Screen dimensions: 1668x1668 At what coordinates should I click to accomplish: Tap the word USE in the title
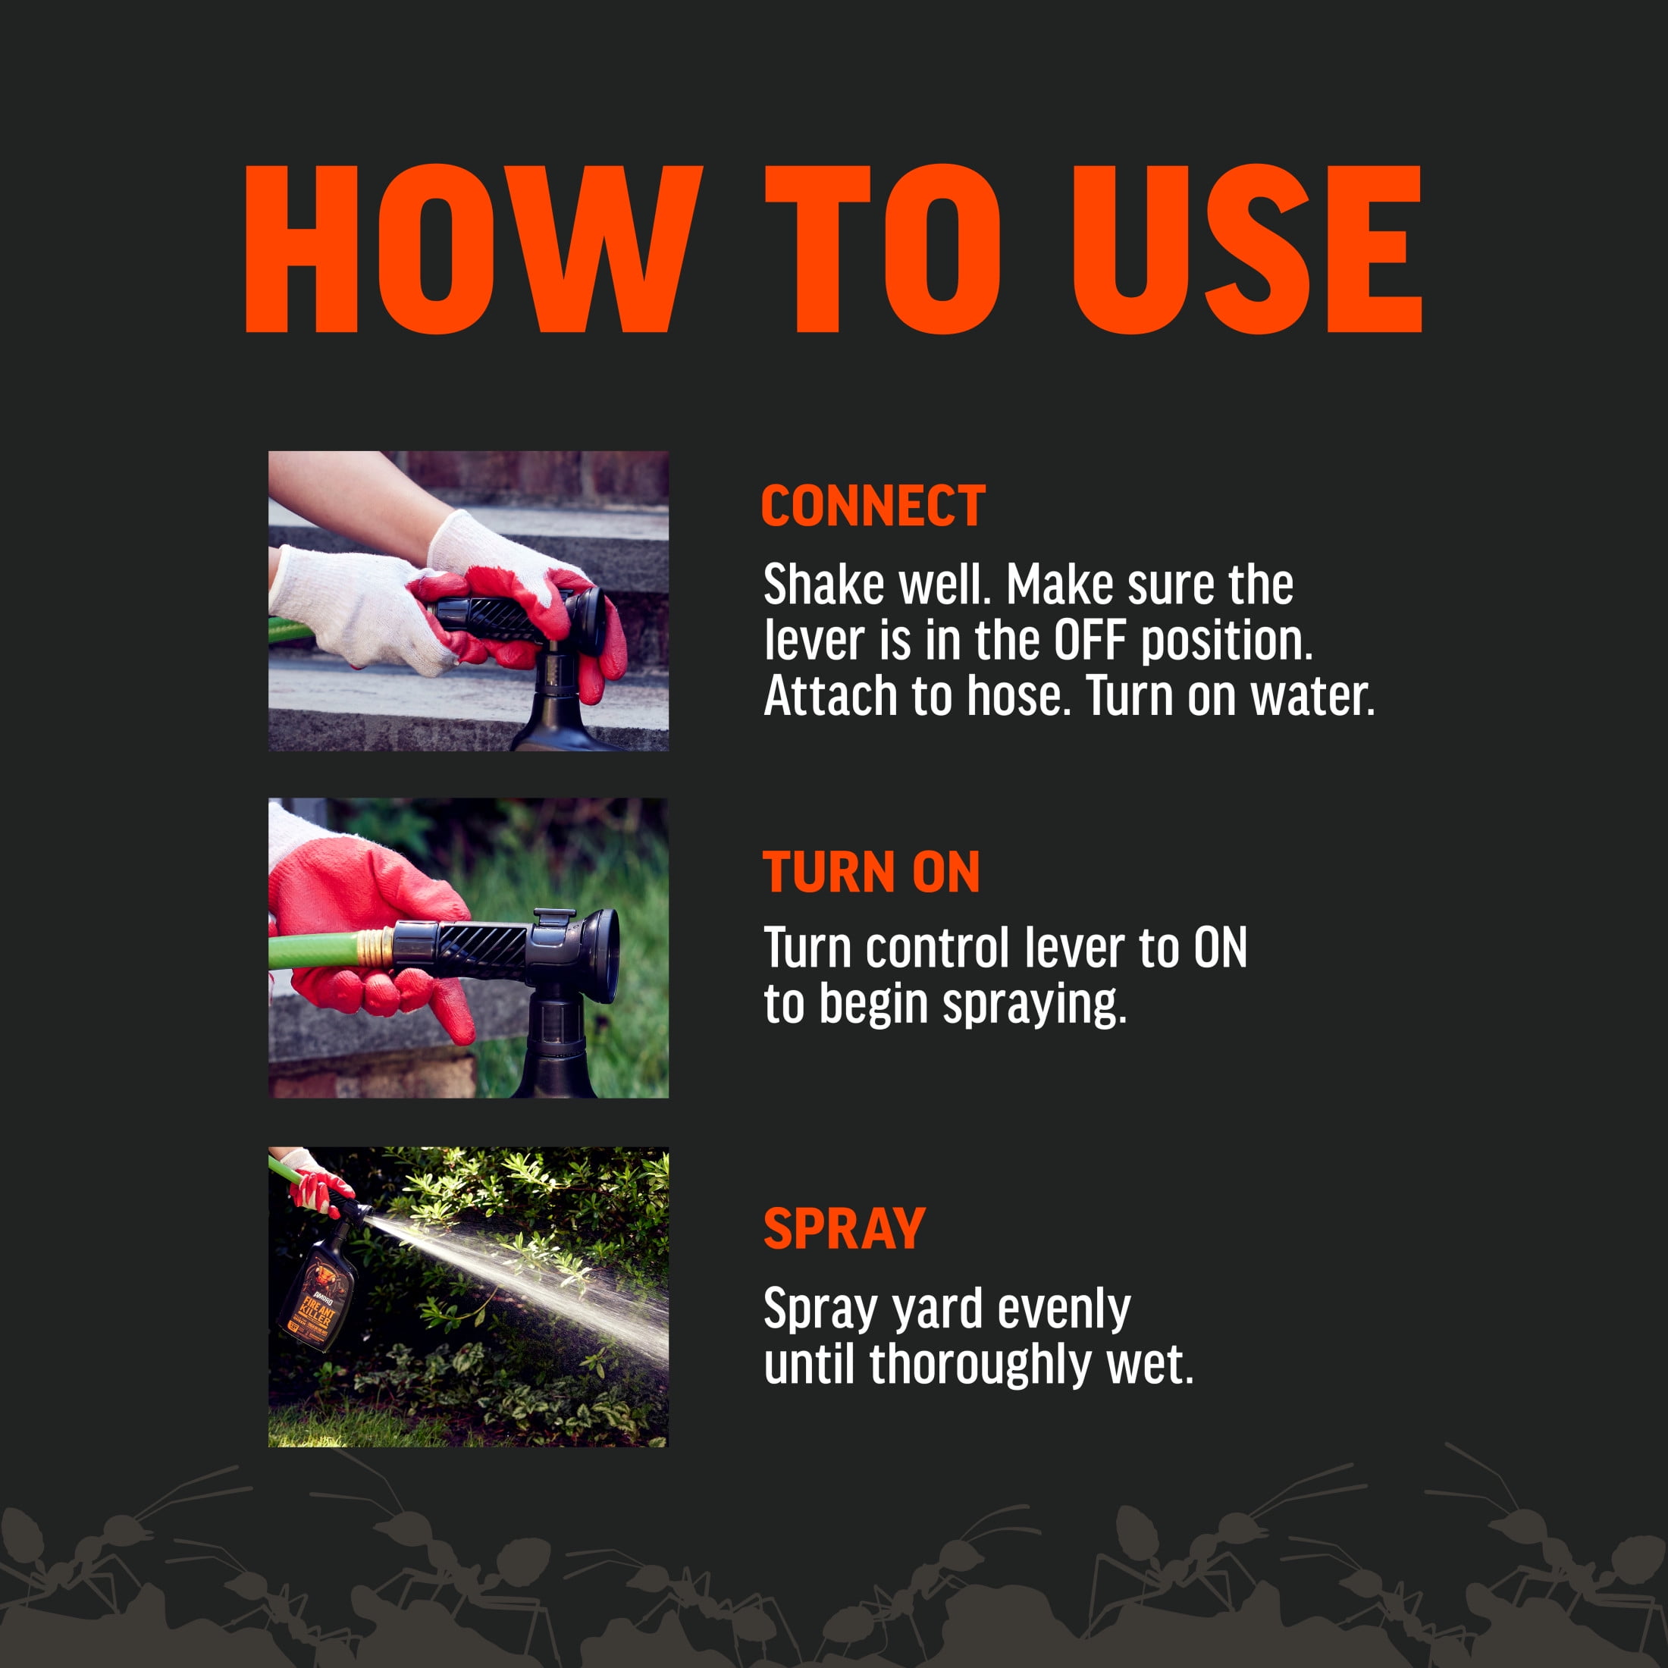click(x=1246, y=249)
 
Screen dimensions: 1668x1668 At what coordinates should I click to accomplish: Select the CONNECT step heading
click(x=873, y=506)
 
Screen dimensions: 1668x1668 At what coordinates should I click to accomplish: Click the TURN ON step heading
click(x=871, y=872)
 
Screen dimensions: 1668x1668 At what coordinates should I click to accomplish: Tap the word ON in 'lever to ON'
click(x=1220, y=948)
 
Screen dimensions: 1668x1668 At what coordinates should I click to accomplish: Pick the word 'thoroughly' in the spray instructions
click(x=982, y=1365)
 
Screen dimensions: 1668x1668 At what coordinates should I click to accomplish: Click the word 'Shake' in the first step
click(x=823, y=585)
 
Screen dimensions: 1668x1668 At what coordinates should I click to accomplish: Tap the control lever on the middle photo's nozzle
click(x=553, y=917)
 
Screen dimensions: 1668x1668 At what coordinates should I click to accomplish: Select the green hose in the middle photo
click(x=314, y=952)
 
